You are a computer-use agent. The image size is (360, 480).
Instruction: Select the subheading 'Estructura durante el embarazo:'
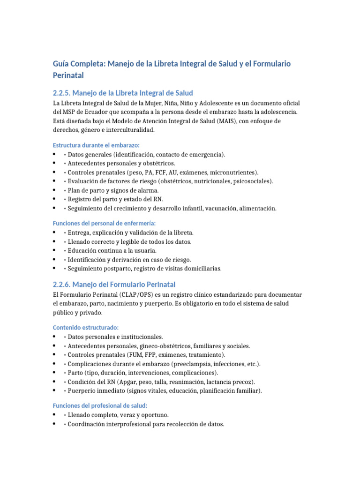pos(96,145)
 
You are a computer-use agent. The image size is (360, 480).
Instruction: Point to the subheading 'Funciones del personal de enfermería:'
pos(104,223)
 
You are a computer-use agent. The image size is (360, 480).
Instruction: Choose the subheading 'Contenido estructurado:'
pos(85,327)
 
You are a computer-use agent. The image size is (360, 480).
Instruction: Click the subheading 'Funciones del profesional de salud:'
pos(100,405)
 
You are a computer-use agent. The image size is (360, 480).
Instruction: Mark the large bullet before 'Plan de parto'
pos(55,190)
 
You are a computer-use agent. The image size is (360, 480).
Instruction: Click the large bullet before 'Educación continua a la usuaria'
pos(55,250)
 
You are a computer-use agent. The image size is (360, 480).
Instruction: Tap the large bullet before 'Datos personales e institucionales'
pos(55,337)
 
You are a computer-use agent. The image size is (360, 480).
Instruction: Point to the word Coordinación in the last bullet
pos(87,424)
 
